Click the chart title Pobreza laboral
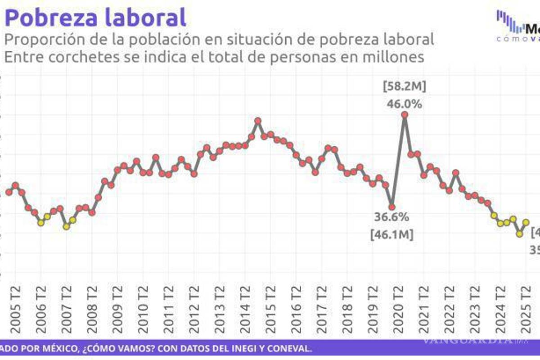click(95, 18)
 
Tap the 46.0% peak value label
click(405, 104)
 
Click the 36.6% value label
click(391, 217)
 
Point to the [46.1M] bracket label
click(391, 234)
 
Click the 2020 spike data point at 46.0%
click(405, 115)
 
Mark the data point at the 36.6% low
click(392, 207)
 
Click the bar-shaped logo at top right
click(510, 22)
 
